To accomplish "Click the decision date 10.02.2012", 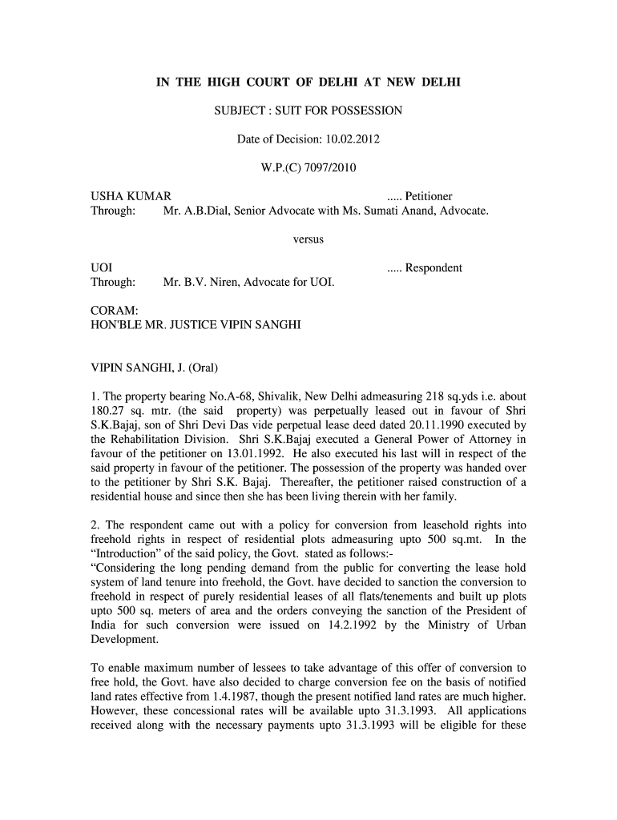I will pyautogui.click(x=352, y=139).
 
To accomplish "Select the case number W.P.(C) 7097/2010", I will pyautogui.click(x=308, y=168).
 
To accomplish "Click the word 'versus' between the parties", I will pyautogui.click(x=308, y=239).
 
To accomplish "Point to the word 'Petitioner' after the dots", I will pyautogui.click(x=429, y=197).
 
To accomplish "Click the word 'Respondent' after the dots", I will pyautogui.click(x=434, y=268).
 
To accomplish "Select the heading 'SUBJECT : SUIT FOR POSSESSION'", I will pyautogui.click(x=308, y=111).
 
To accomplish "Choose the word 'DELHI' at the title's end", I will pyautogui.click(x=435, y=82).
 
